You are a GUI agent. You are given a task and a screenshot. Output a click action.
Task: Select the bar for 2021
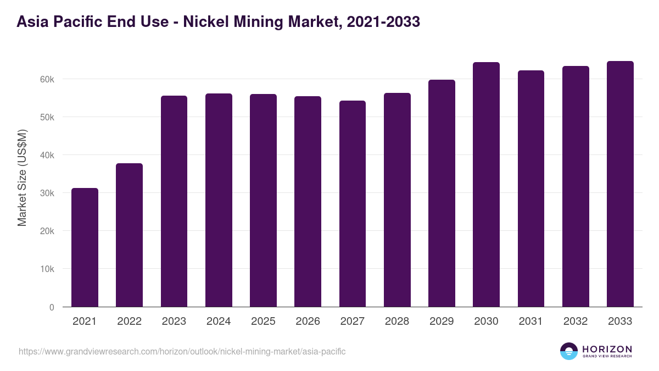(85, 247)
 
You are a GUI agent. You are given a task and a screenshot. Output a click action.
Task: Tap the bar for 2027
(353, 204)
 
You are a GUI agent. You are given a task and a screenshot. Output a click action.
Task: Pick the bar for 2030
(486, 185)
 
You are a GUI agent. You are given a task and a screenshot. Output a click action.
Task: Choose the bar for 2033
(620, 184)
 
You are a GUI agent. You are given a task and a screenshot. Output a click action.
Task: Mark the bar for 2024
(219, 200)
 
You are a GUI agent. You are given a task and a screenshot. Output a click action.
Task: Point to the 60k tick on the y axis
(47, 79)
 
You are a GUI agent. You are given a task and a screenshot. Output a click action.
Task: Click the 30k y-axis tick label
(47, 193)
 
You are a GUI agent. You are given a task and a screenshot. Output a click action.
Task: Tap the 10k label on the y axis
(47, 269)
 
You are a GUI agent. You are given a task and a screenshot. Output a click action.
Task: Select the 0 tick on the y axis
(52, 307)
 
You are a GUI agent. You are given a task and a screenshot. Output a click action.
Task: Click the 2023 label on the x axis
(174, 322)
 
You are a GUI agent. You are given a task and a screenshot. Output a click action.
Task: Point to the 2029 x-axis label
(442, 322)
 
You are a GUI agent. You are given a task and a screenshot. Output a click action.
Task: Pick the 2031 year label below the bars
(531, 322)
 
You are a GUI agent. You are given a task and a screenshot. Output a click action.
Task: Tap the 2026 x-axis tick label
(308, 322)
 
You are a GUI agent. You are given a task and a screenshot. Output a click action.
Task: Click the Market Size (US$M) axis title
(22, 178)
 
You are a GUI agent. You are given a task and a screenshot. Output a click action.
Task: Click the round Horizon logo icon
(569, 351)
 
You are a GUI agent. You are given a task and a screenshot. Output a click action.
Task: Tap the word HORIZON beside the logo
(607, 348)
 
